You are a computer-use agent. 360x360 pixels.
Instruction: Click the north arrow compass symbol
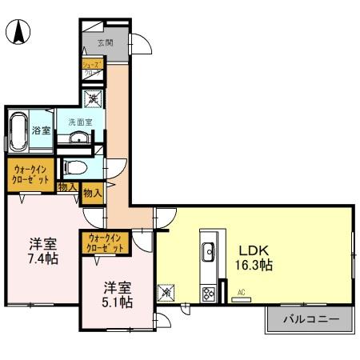18,33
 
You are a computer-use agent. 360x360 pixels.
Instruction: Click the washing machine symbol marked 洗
94,100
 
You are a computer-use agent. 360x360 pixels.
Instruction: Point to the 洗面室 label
80,122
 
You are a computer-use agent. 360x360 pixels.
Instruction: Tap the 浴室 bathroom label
41,130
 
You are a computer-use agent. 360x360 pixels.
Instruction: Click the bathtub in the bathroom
18,130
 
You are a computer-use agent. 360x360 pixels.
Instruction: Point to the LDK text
251,248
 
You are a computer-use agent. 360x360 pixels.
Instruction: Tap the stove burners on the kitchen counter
210,293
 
